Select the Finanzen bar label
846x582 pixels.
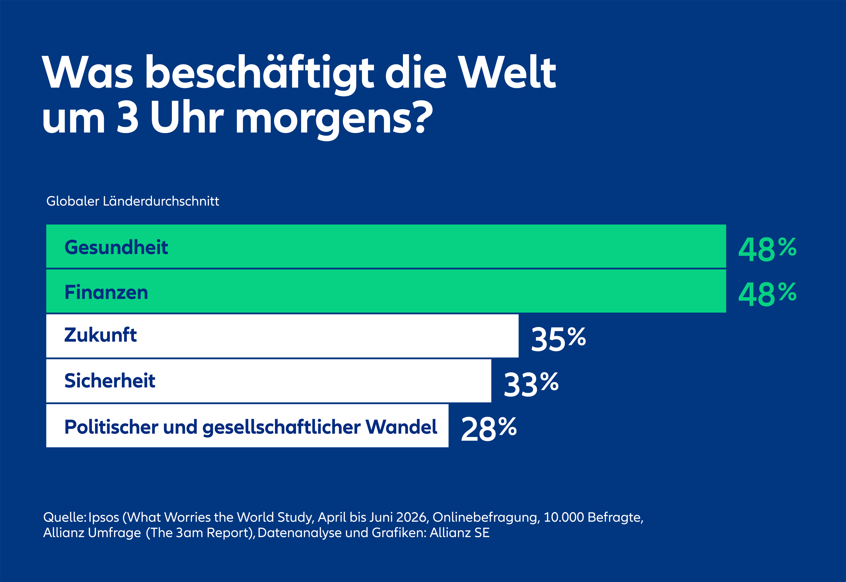point(106,292)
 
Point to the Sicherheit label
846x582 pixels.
point(110,380)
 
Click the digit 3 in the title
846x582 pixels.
point(127,117)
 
